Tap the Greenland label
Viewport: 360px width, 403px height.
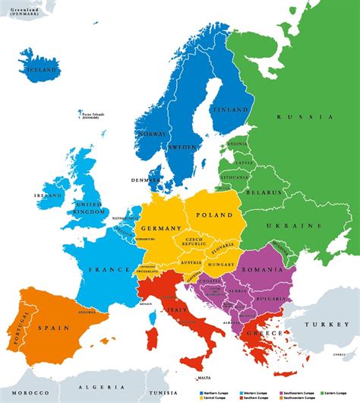19,9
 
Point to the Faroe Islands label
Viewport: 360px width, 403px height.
92,115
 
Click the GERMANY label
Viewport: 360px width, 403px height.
160,228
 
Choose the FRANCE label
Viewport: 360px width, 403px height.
109,269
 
